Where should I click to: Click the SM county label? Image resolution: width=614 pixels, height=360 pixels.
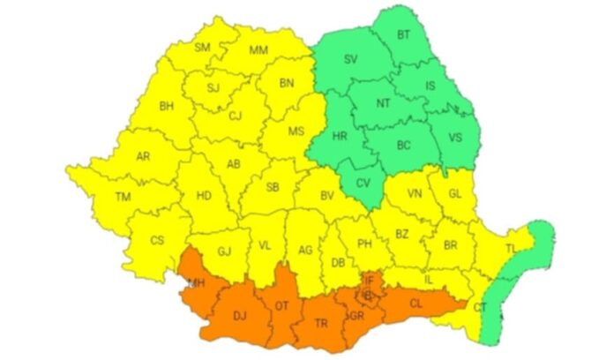pos(203,47)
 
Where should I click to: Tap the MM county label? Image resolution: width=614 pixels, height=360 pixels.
pos(258,50)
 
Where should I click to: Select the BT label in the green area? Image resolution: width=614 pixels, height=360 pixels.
pos(405,34)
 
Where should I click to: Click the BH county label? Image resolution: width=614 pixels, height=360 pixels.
pos(166,106)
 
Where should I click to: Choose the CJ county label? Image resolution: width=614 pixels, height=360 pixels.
pos(235,116)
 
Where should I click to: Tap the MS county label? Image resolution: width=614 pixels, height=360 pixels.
pos(296,131)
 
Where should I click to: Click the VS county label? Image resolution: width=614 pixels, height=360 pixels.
pos(455,137)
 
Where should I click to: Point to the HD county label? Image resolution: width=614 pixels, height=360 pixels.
pos(203,196)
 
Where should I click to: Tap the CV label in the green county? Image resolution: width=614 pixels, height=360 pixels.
pos(363,184)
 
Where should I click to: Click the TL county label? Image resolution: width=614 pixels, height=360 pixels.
pos(511,250)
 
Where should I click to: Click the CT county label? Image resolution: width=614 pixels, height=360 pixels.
pos(481,307)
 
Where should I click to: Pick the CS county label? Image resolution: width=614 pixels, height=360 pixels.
pos(157,240)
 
